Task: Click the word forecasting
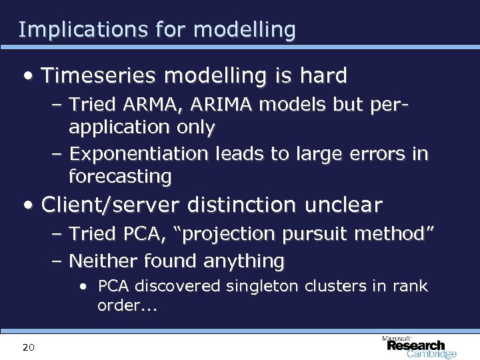point(120,176)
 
